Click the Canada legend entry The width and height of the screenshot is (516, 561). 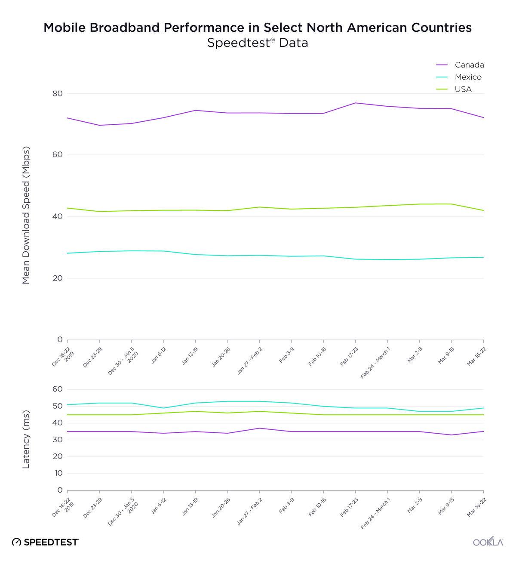469,65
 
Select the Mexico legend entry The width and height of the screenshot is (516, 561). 468,77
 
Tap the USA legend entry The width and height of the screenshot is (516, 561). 463,89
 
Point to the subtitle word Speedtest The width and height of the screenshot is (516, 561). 242,43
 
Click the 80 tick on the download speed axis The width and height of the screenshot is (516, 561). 58,93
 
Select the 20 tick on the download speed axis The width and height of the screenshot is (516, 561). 58,278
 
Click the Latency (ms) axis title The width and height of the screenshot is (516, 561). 26,439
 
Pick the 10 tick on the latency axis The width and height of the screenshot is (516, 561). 58,473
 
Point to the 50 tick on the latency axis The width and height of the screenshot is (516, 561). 58,406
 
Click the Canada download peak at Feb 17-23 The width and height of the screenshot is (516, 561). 356,103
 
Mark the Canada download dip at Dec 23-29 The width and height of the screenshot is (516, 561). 99,125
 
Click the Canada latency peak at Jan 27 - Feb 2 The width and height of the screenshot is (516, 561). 259,428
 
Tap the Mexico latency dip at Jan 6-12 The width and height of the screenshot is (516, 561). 163,408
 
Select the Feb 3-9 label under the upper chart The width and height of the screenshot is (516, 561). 287,357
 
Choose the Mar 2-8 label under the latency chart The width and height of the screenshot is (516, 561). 415,507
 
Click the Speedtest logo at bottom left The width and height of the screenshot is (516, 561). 46,542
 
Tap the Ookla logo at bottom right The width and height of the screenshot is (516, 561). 488,542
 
